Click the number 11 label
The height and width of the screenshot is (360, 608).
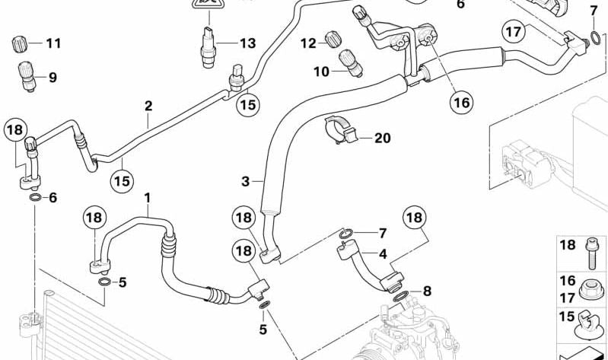(x=53, y=43)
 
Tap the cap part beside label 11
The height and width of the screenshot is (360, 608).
(x=21, y=43)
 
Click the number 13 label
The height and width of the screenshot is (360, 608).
(x=247, y=43)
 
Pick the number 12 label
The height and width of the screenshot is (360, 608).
(x=307, y=43)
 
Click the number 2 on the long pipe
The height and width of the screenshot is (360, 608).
(x=148, y=105)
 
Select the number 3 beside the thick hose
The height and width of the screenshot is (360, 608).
(x=246, y=181)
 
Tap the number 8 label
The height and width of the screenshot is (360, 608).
(x=427, y=290)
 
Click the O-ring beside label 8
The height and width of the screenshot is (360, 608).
(x=402, y=294)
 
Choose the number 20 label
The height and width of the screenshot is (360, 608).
(x=382, y=138)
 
